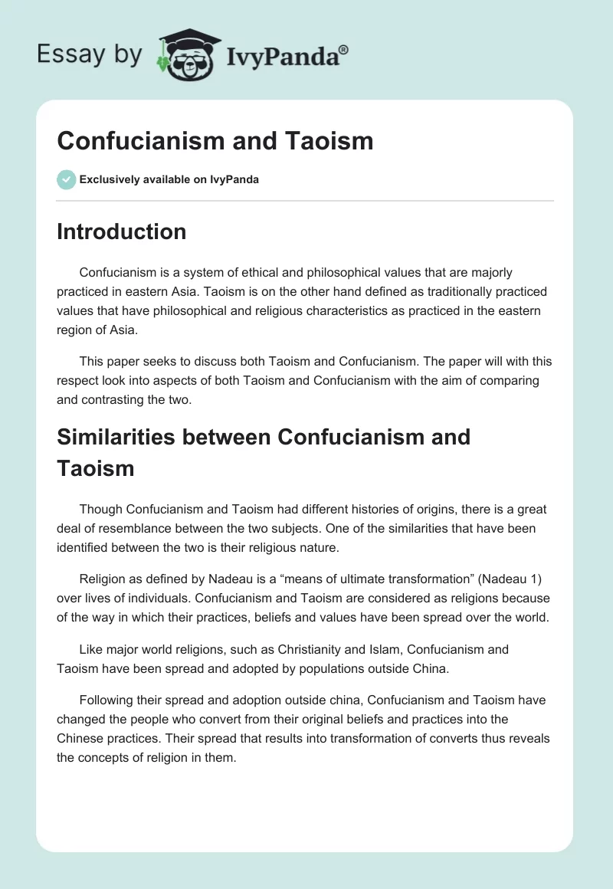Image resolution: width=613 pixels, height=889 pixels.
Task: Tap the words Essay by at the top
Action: pos(89,54)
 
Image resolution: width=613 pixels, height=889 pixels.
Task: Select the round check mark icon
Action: pos(66,179)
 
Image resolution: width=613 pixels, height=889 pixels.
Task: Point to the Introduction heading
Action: pos(121,231)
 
